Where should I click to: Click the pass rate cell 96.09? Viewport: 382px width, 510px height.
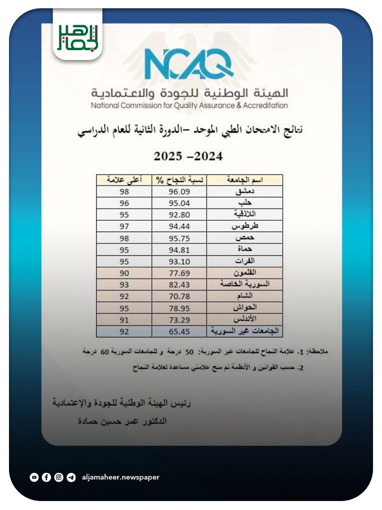[179, 192]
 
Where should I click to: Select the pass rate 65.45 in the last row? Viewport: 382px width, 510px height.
[179, 331]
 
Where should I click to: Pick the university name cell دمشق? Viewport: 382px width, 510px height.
[245, 191]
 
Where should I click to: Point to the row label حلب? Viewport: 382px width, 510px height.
[245, 203]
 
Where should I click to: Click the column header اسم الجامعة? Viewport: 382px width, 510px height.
[245, 180]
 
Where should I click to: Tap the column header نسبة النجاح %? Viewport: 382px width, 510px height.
[179, 180]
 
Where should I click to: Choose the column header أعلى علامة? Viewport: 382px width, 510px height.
[124, 180]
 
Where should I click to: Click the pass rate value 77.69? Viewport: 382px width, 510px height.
[179, 273]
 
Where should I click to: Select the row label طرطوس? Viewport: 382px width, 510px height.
[245, 226]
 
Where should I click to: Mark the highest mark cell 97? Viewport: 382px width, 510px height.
[124, 226]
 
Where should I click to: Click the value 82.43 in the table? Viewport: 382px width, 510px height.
[179, 285]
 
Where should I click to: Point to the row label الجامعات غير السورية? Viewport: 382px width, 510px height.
[245, 331]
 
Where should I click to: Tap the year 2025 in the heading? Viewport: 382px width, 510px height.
[168, 156]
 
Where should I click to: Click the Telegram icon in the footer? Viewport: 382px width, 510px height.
[71, 477]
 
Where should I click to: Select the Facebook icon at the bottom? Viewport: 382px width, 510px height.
[46, 477]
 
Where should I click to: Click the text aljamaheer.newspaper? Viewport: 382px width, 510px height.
[120, 477]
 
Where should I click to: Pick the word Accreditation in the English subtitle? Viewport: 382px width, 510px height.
[265, 106]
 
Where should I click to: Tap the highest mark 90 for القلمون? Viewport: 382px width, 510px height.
[124, 273]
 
